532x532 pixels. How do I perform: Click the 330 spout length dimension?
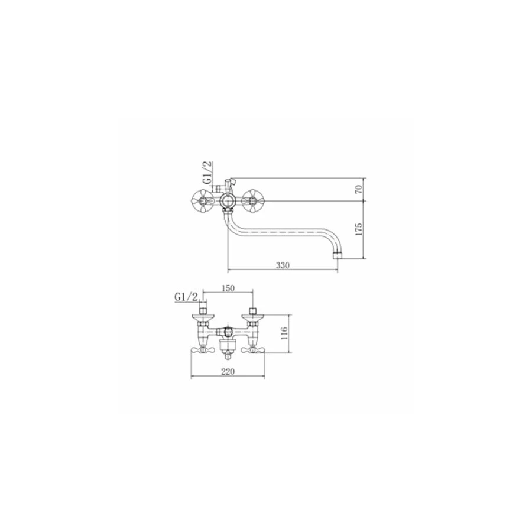click(283, 265)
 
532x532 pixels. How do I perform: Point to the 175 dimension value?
click(359, 230)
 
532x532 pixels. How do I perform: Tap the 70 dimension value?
click(359, 189)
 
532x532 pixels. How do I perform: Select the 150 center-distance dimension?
click(228, 288)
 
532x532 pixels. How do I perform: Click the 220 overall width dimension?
click(228, 372)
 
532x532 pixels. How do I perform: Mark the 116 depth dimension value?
click(284, 333)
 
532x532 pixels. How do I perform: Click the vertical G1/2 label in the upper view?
click(207, 173)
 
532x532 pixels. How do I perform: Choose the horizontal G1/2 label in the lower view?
click(186, 297)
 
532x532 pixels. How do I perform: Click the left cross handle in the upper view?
click(202, 201)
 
